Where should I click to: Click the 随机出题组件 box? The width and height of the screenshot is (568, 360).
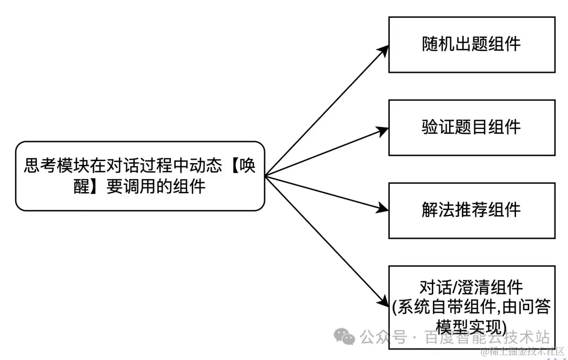tap(472, 45)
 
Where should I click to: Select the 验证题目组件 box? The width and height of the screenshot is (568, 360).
tap(472, 127)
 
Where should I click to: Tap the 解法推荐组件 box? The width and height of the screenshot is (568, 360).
tap(472, 211)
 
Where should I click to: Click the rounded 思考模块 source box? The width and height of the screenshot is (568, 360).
tap(140, 176)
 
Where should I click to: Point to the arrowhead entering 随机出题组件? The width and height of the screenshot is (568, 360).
tap(385, 49)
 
